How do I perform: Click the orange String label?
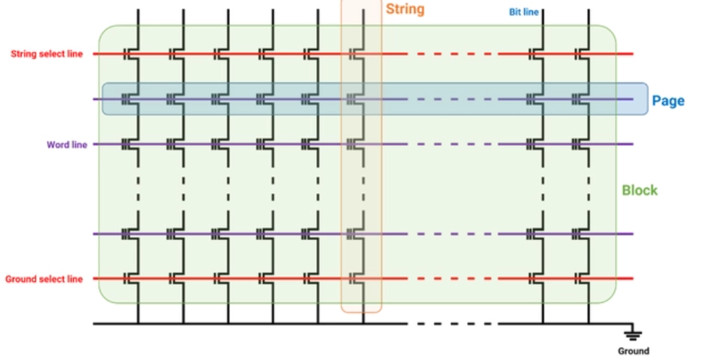405,9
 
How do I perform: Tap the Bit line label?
524,12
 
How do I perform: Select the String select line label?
47,53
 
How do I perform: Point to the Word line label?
67,145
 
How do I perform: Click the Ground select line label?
44,279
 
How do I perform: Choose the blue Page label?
668,101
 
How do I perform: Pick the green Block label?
640,190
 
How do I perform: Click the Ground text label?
633,351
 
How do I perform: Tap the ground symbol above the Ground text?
633,333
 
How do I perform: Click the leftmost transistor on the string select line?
132,53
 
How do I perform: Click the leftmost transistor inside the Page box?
132,99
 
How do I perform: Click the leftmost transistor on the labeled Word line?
132,145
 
